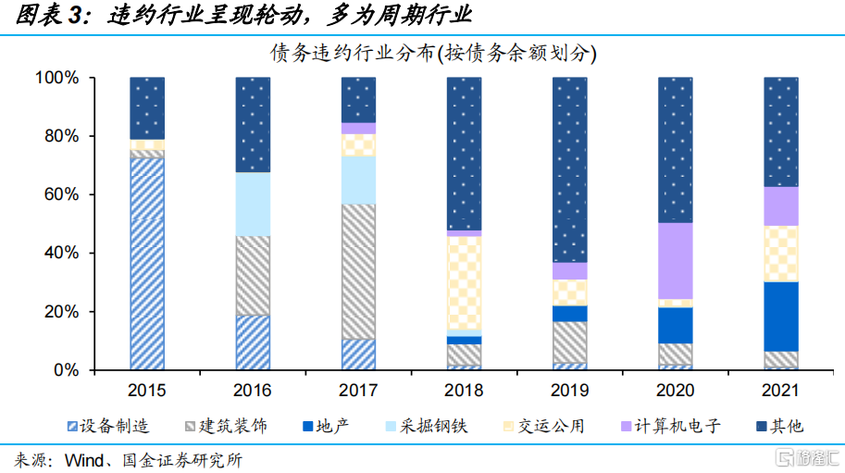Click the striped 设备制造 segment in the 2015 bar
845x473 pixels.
tap(147, 264)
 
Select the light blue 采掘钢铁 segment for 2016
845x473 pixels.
tap(253, 204)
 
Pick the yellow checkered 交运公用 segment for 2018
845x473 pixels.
tap(464, 282)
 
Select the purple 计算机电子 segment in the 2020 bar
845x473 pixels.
tap(675, 261)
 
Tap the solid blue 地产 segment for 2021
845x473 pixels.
tap(780, 316)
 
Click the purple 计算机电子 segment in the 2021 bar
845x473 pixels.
tap(780, 205)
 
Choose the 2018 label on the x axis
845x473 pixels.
tap(464, 390)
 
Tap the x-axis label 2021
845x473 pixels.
tap(780, 390)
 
